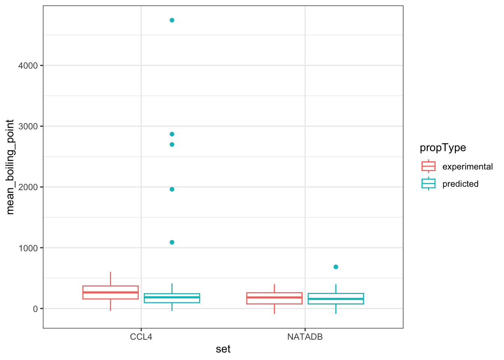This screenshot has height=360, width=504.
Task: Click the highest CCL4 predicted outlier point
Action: [x=172, y=20]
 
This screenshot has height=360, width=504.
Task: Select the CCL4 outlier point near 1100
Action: [x=172, y=242]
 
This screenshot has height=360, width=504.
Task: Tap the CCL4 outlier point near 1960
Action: [x=172, y=189]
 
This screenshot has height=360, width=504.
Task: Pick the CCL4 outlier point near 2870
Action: [x=172, y=134]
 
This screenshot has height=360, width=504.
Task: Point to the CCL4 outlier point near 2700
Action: [x=172, y=144]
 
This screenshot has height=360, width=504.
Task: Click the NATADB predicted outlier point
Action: [x=336, y=267]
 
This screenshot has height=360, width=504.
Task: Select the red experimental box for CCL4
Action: [x=110, y=292]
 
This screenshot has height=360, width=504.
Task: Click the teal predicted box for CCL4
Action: [x=172, y=298]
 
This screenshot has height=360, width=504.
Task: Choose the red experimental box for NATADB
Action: [x=274, y=298]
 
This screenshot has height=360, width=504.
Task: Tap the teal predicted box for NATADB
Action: [x=336, y=298]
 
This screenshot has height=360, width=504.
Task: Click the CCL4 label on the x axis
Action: [x=141, y=337]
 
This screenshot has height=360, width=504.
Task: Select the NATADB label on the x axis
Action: [x=305, y=337]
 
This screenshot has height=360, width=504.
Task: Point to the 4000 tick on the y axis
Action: [x=28, y=66]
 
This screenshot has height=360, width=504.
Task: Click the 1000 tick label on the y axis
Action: [x=28, y=248]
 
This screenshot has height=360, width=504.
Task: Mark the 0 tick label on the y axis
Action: [x=35, y=309]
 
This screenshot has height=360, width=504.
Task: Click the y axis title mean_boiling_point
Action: [x=10, y=167]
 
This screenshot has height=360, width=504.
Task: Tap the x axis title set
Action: [x=223, y=349]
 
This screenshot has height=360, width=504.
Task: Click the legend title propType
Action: [x=443, y=148]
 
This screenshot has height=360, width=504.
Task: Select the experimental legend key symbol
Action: [x=428, y=166]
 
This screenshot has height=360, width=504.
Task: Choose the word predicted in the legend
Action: [x=460, y=184]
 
